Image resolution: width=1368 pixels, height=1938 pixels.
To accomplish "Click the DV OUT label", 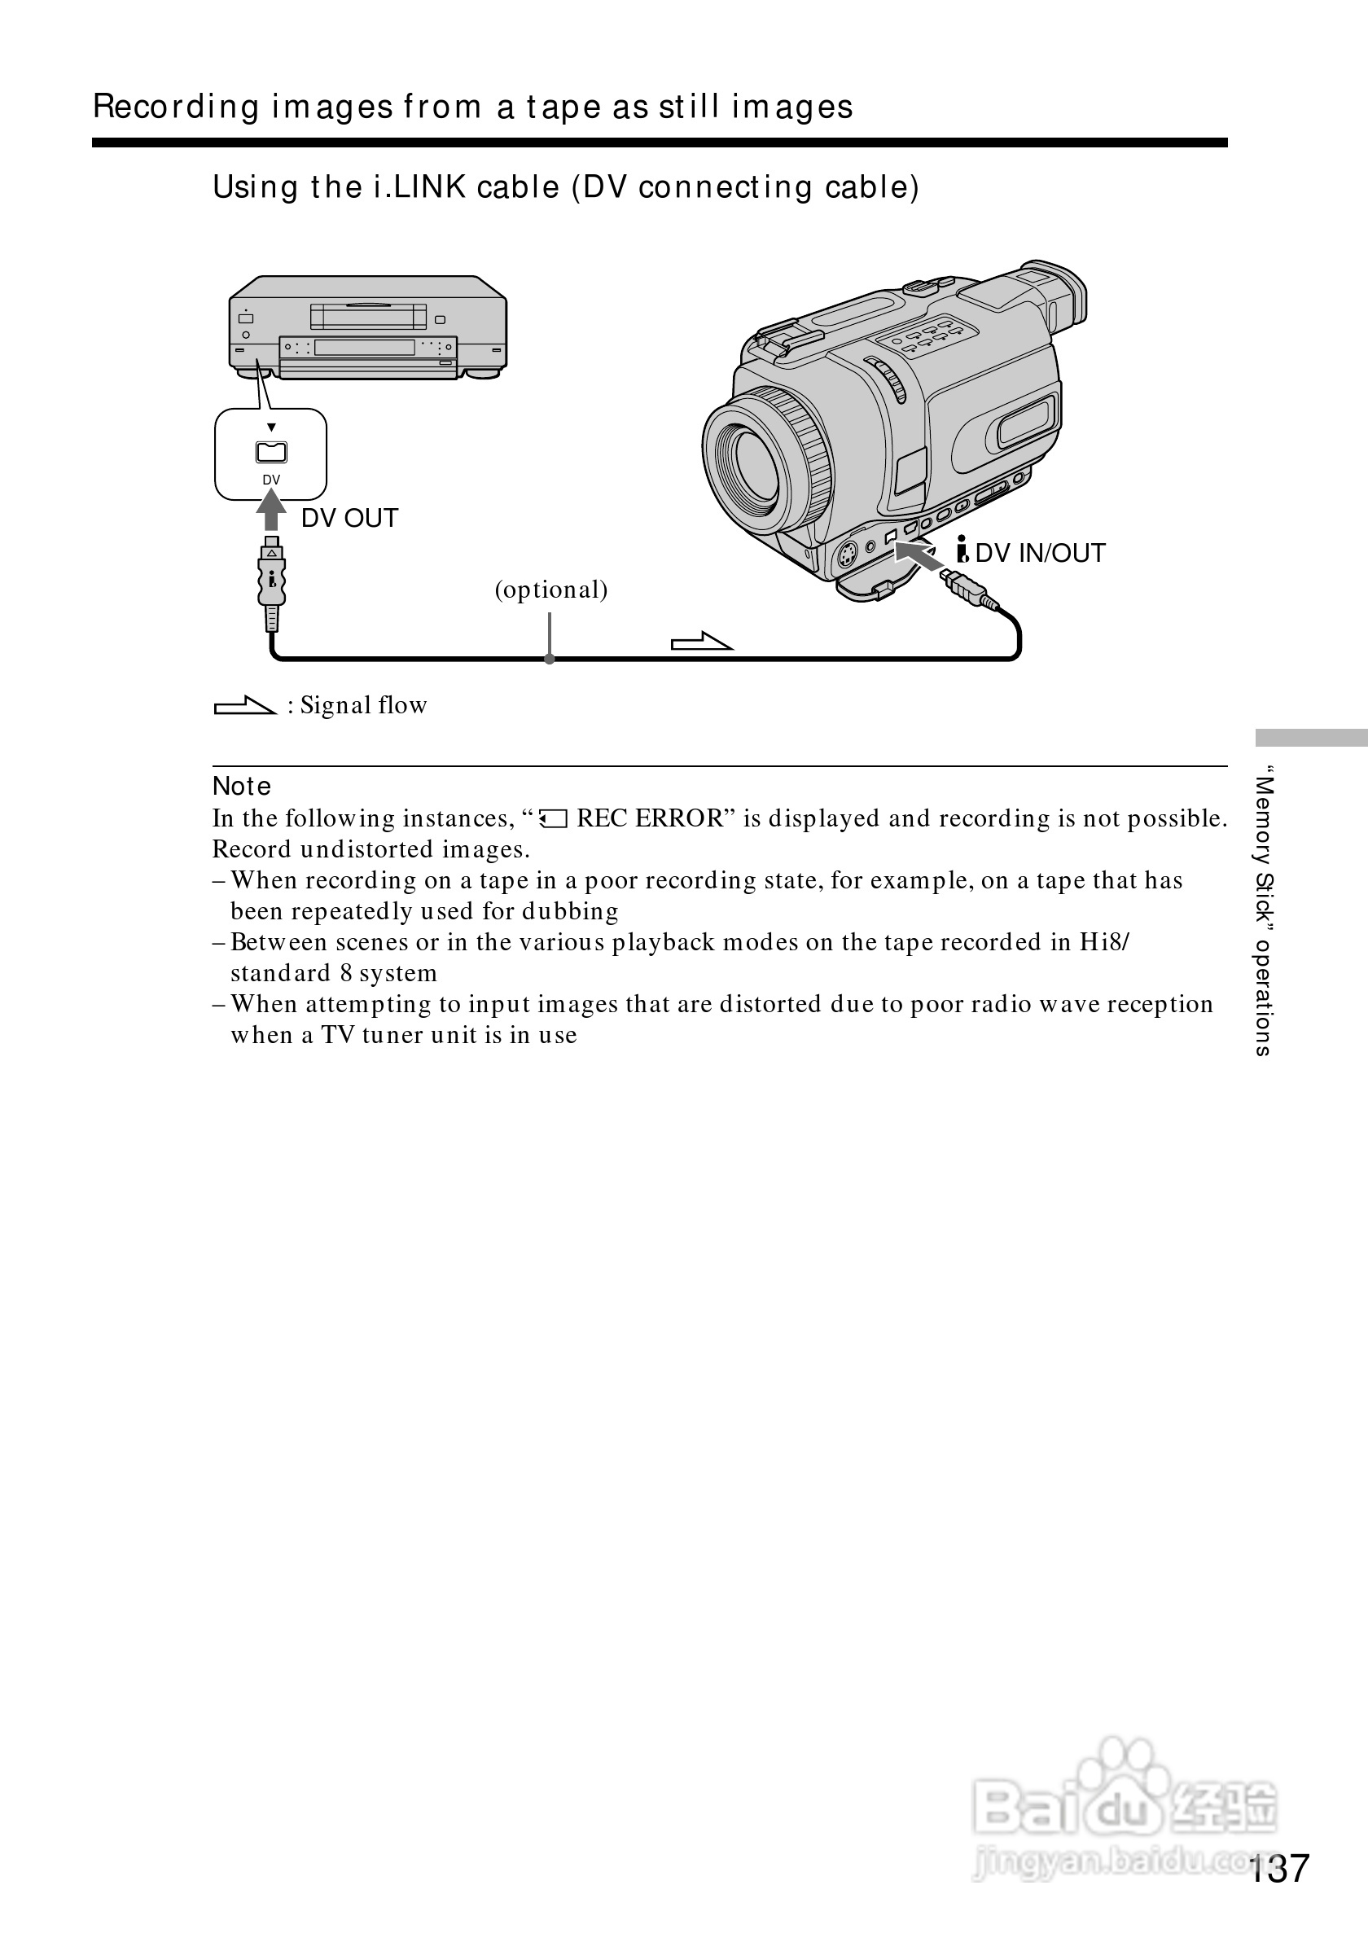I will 349,518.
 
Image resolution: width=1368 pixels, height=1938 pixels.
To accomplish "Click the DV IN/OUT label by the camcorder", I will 1039,553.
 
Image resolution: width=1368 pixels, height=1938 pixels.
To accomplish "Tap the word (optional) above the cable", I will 551,590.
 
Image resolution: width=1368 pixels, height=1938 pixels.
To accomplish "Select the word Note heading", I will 241,786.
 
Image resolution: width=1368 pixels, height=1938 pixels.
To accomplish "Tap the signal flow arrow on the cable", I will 701,642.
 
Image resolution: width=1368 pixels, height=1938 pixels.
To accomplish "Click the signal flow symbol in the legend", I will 244,705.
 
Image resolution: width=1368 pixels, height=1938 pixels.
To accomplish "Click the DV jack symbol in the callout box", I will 271,453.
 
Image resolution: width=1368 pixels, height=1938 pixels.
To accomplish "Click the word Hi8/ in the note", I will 1104,942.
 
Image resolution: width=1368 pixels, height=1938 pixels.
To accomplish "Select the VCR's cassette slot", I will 368,317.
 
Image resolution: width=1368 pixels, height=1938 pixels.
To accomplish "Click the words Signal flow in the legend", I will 364,705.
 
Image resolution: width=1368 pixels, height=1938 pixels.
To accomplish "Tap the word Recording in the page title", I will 176,107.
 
